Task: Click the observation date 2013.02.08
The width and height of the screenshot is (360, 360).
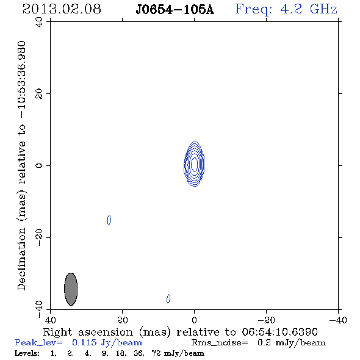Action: point(62,9)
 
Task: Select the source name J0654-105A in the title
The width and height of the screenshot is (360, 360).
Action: point(175,10)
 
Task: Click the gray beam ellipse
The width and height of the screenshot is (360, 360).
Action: point(71,289)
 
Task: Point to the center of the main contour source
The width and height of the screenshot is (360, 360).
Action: point(194,164)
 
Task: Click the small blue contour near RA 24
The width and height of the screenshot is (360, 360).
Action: point(109,220)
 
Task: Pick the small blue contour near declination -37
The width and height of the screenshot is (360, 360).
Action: point(168,299)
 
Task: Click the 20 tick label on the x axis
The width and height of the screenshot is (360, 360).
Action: point(123,320)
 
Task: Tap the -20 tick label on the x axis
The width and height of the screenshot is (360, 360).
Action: point(266,320)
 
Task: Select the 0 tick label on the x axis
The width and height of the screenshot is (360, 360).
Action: point(194,320)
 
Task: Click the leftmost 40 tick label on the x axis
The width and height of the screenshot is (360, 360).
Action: point(50,320)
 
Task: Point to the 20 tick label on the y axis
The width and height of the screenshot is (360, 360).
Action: point(39,94)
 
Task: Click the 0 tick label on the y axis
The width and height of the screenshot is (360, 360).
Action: point(39,165)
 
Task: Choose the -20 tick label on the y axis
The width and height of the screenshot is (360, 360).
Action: point(39,237)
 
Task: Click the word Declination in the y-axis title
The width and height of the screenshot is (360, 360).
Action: point(21,259)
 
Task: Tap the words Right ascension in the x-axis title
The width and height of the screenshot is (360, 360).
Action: point(88,332)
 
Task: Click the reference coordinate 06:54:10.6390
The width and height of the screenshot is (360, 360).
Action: point(279,332)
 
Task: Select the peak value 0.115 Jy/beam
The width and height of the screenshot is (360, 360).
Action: point(107,342)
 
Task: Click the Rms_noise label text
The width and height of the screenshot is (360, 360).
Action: point(220,343)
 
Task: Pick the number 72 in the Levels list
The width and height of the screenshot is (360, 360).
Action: point(156,353)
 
